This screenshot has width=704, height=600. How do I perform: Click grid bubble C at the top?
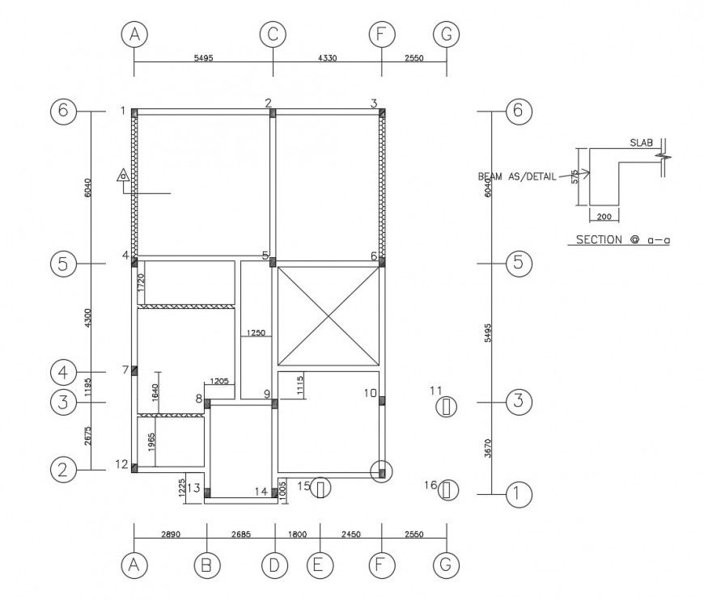pyautogui.click(x=273, y=35)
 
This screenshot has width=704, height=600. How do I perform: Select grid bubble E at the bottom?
pyautogui.click(x=320, y=565)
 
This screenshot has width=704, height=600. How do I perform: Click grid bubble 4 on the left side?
pyautogui.click(x=63, y=373)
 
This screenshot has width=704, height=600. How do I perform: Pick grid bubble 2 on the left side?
pyautogui.click(x=63, y=468)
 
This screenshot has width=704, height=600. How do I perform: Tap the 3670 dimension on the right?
pyautogui.click(x=486, y=447)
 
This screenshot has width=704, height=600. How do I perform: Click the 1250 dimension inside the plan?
pyautogui.click(x=257, y=332)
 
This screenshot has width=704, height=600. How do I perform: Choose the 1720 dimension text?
pyautogui.click(x=140, y=282)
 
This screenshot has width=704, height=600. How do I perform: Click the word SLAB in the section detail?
pyautogui.click(x=642, y=142)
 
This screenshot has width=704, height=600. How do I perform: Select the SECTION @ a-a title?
pyautogui.click(x=624, y=239)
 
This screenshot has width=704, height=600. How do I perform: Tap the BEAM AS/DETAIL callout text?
pyautogui.click(x=517, y=176)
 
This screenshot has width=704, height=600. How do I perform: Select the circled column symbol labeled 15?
pyautogui.click(x=322, y=488)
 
